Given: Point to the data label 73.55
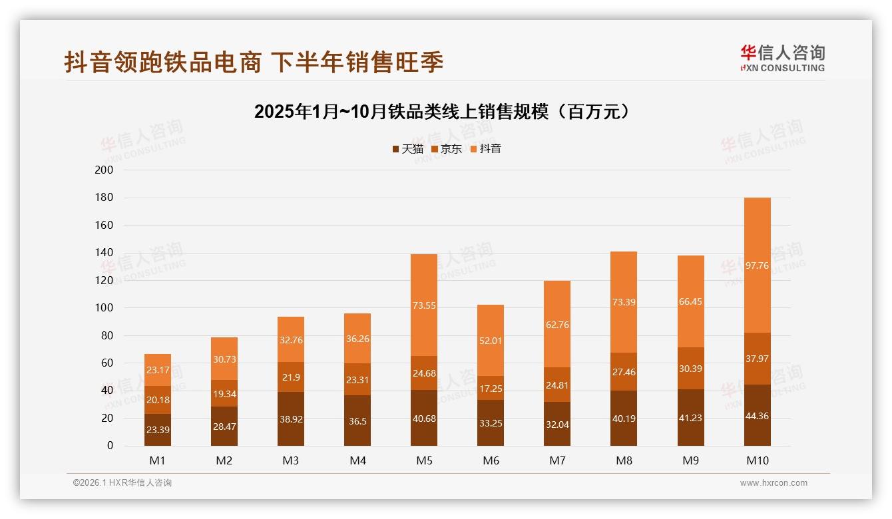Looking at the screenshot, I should pyautogui.click(x=424, y=305).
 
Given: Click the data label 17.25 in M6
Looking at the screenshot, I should pyautogui.click(x=491, y=388).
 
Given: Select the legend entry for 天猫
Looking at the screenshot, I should pyautogui.click(x=407, y=149).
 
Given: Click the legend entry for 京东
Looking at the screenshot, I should pyautogui.click(x=446, y=149).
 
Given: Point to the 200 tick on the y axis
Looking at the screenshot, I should pyautogui.click(x=105, y=170).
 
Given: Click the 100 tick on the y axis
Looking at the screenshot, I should pyautogui.click(x=105, y=308).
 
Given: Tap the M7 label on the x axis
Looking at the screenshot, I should pyautogui.click(x=557, y=460).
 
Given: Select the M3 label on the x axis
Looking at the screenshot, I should pyautogui.click(x=291, y=460).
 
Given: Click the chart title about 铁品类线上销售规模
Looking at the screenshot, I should pyautogui.click(x=442, y=112).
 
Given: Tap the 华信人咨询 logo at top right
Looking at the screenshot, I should pyautogui.click(x=782, y=58).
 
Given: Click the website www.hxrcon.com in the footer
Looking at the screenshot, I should pyautogui.click(x=774, y=483).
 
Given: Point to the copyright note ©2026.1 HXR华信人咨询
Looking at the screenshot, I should pyautogui.click(x=122, y=483).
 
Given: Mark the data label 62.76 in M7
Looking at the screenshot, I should pyautogui.click(x=557, y=325).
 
